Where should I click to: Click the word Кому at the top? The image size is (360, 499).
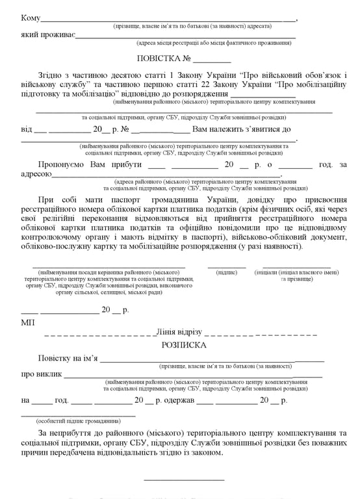coord(31,18)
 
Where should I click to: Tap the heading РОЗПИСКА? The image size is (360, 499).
coord(184,345)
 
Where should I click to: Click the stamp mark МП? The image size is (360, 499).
coord(28,322)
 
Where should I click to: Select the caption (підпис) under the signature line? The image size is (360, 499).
coord(227,272)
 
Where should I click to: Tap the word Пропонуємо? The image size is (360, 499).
coord(62,165)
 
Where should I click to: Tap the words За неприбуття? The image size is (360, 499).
coord(67,433)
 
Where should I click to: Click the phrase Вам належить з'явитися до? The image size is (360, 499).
coord(242,129)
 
